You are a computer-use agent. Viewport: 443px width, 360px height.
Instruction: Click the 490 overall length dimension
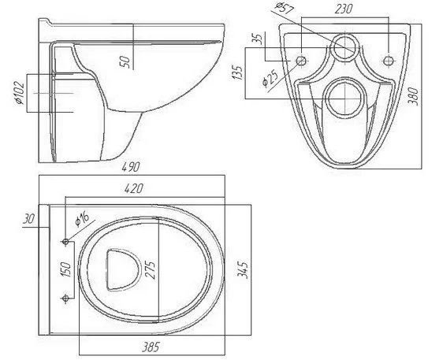(131, 167)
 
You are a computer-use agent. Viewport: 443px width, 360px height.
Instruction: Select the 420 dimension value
(134, 188)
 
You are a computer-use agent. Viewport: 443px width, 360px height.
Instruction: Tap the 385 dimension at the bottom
(151, 347)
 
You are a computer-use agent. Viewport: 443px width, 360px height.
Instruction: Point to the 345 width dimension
(243, 270)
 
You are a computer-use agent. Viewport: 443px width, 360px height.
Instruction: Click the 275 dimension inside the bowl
(151, 270)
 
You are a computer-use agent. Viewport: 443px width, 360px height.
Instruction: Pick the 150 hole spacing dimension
(65, 269)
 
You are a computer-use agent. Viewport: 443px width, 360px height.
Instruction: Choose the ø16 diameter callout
(82, 219)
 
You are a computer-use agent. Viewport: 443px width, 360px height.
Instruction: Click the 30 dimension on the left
(29, 219)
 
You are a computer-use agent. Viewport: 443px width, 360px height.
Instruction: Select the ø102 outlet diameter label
(20, 93)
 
